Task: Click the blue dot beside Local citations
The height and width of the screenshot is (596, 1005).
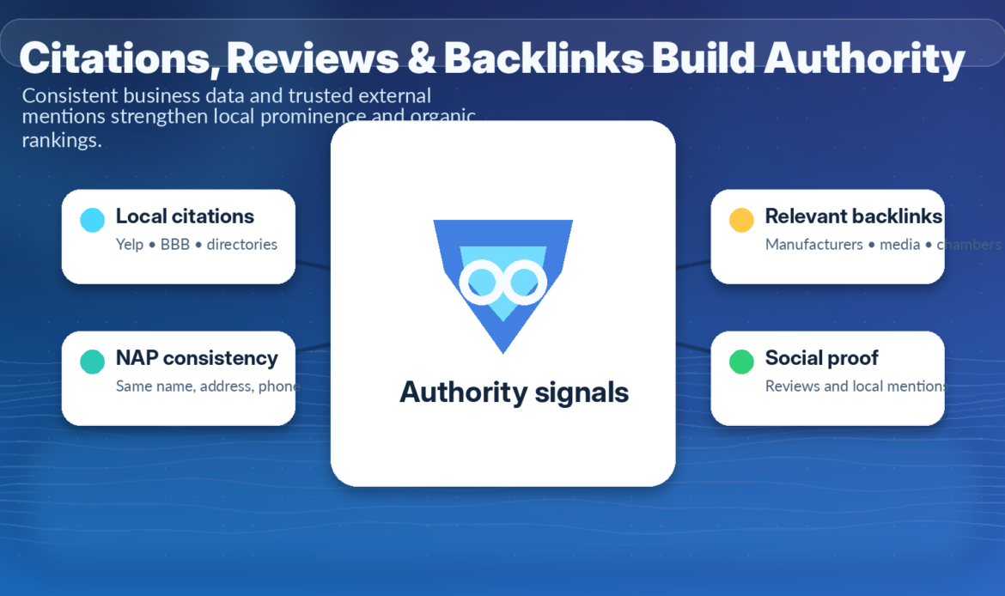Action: [92, 220]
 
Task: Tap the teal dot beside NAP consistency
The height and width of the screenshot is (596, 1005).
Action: [92, 362]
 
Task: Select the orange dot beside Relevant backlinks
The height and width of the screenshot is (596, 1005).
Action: [741, 220]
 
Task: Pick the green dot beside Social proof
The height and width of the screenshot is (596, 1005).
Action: [741, 362]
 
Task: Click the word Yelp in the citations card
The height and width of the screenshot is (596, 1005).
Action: [130, 245]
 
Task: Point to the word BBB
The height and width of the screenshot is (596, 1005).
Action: [175, 245]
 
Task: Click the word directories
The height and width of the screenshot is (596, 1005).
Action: [242, 245]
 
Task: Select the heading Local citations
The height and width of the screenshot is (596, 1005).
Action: [185, 216]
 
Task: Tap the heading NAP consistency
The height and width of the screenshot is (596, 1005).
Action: [197, 358]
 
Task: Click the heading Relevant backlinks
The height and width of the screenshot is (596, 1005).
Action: [853, 216]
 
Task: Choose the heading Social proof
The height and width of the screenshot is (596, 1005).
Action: [821, 358]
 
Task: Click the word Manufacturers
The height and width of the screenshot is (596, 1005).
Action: [813, 245]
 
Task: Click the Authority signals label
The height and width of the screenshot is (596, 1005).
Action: [514, 392]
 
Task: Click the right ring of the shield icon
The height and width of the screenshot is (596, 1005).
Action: [524, 282]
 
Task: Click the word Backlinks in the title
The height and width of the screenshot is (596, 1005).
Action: [543, 58]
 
